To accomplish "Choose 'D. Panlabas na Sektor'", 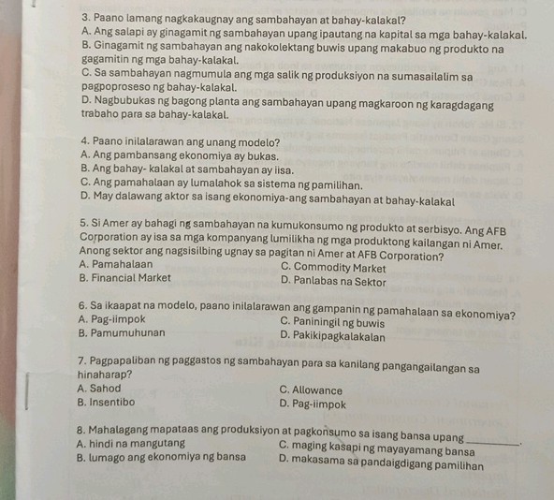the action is (334, 279).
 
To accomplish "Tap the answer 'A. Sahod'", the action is (101, 389).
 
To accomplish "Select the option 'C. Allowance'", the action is (312, 390).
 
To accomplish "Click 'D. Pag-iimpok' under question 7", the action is (313, 404).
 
